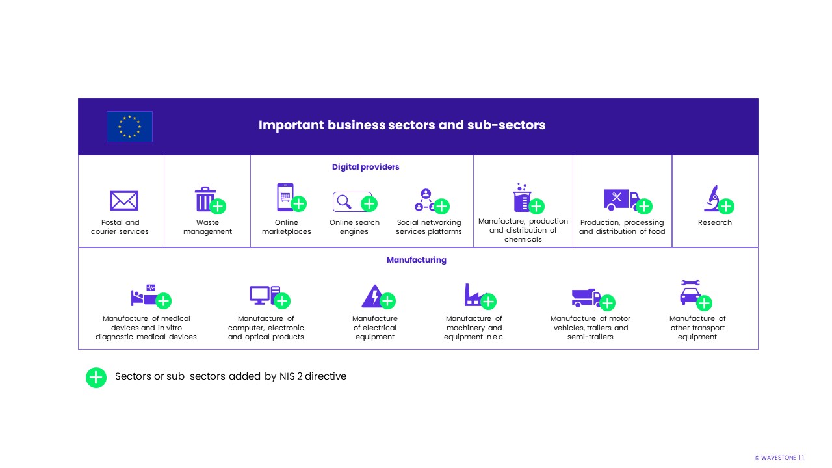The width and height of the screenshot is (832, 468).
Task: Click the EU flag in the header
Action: [x=129, y=127]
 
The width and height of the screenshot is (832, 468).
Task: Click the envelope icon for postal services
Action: [x=123, y=201]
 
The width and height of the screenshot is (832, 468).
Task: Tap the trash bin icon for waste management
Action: [x=205, y=200]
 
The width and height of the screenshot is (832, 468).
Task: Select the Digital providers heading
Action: [x=365, y=167]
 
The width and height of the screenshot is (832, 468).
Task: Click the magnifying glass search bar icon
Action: [x=352, y=202]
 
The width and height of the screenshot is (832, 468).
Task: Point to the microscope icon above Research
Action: [x=712, y=198]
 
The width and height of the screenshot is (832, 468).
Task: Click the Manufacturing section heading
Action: [x=416, y=260]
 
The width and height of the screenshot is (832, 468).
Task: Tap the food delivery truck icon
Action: [x=621, y=200]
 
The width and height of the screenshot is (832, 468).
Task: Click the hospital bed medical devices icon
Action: [x=144, y=296]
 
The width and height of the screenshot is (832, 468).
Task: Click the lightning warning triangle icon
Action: [x=372, y=296]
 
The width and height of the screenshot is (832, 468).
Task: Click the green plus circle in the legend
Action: [x=96, y=377]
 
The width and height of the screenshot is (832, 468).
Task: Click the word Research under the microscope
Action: [x=714, y=222]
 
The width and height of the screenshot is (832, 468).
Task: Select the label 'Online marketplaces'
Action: [x=286, y=227]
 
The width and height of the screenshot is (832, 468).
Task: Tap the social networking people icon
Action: [x=426, y=200]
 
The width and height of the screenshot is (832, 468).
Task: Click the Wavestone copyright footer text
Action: [x=779, y=458]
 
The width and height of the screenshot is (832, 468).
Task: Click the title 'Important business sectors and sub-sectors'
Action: [x=402, y=125]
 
